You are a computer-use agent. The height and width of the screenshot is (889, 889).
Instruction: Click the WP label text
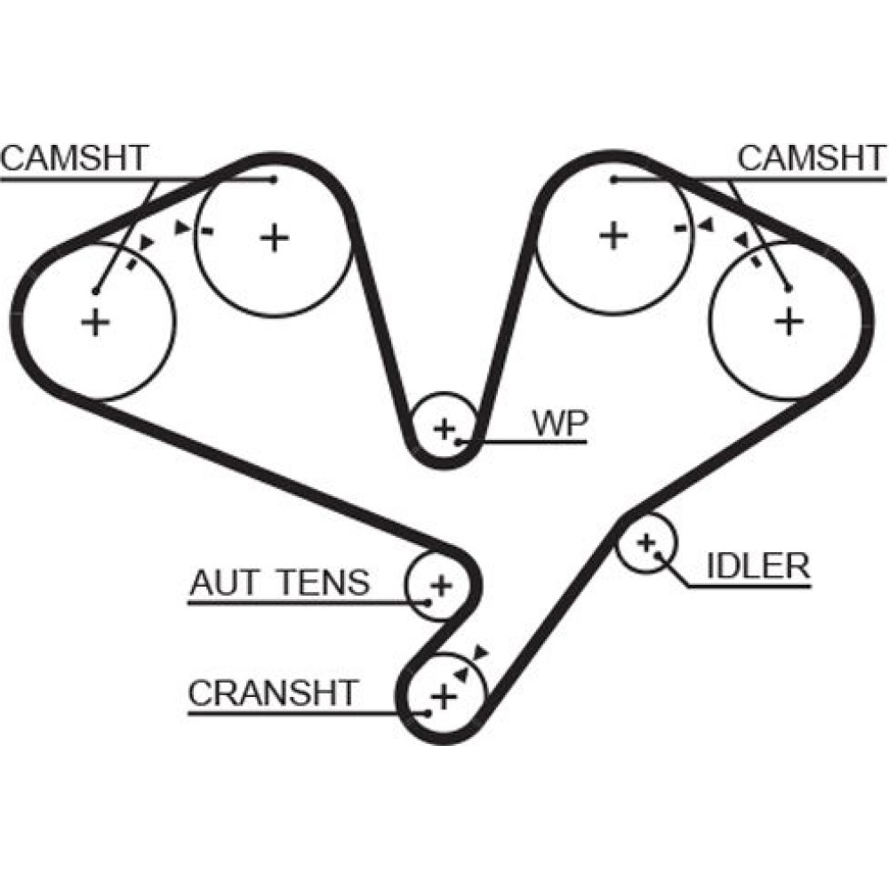pos(559,425)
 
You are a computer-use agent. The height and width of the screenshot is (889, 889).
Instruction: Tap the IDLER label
pos(757,565)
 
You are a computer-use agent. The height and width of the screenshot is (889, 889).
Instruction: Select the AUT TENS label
pos(279,583)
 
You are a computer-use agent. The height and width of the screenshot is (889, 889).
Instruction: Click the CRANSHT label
pos(274,693)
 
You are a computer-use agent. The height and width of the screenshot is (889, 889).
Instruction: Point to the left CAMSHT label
pos(74,158)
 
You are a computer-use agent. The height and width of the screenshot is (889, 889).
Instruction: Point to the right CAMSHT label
pos(812,158)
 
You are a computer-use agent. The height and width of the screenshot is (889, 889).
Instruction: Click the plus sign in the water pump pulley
pos(444,429)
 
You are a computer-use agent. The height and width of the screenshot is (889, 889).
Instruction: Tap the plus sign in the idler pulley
pos(646,541)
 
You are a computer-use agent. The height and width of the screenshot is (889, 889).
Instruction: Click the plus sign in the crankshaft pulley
pos(443,694)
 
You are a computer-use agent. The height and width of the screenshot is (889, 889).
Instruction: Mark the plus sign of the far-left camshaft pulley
pos(95,322)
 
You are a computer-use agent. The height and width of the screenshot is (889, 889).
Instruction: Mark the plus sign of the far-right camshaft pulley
pos(787,320)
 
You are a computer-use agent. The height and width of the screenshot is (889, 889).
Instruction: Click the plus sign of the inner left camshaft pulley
pos(276,236)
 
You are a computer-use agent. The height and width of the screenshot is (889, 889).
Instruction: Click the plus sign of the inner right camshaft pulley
pos(613,236)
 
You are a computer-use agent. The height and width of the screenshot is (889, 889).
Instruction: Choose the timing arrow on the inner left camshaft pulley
pos(183,228)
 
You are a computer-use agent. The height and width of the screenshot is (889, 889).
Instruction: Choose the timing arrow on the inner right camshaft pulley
pos(705,228)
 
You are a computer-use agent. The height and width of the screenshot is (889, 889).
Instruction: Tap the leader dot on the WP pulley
pos(458,440)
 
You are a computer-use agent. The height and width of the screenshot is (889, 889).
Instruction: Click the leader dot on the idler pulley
pos(657,554)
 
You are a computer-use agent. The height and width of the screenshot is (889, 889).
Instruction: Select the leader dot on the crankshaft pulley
pos(428,712)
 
